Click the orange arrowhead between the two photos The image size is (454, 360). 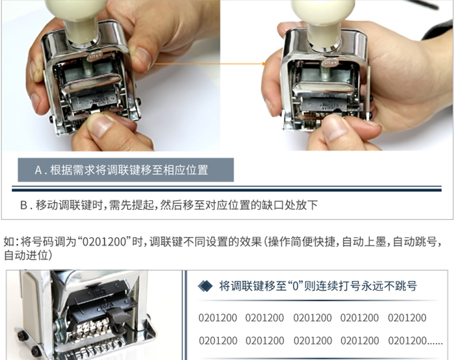(x=265, y=64)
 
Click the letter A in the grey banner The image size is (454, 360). (x=39, y=170)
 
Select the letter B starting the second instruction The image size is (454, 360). (x=24, y=205)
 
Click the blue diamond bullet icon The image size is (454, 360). (x=205, y=286)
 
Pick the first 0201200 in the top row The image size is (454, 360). (x=218, y=318)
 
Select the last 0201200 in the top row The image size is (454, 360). (x=407, y=318)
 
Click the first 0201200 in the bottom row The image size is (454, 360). (x=218, y=341)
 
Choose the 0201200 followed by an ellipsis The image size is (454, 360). (x=407, y=341)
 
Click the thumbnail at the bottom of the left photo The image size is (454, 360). (x=99, y=125)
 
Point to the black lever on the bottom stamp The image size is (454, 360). (x=118, y=318)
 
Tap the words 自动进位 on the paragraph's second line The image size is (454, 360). (x=26, y=255)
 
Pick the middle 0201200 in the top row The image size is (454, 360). (x=312, y=318)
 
